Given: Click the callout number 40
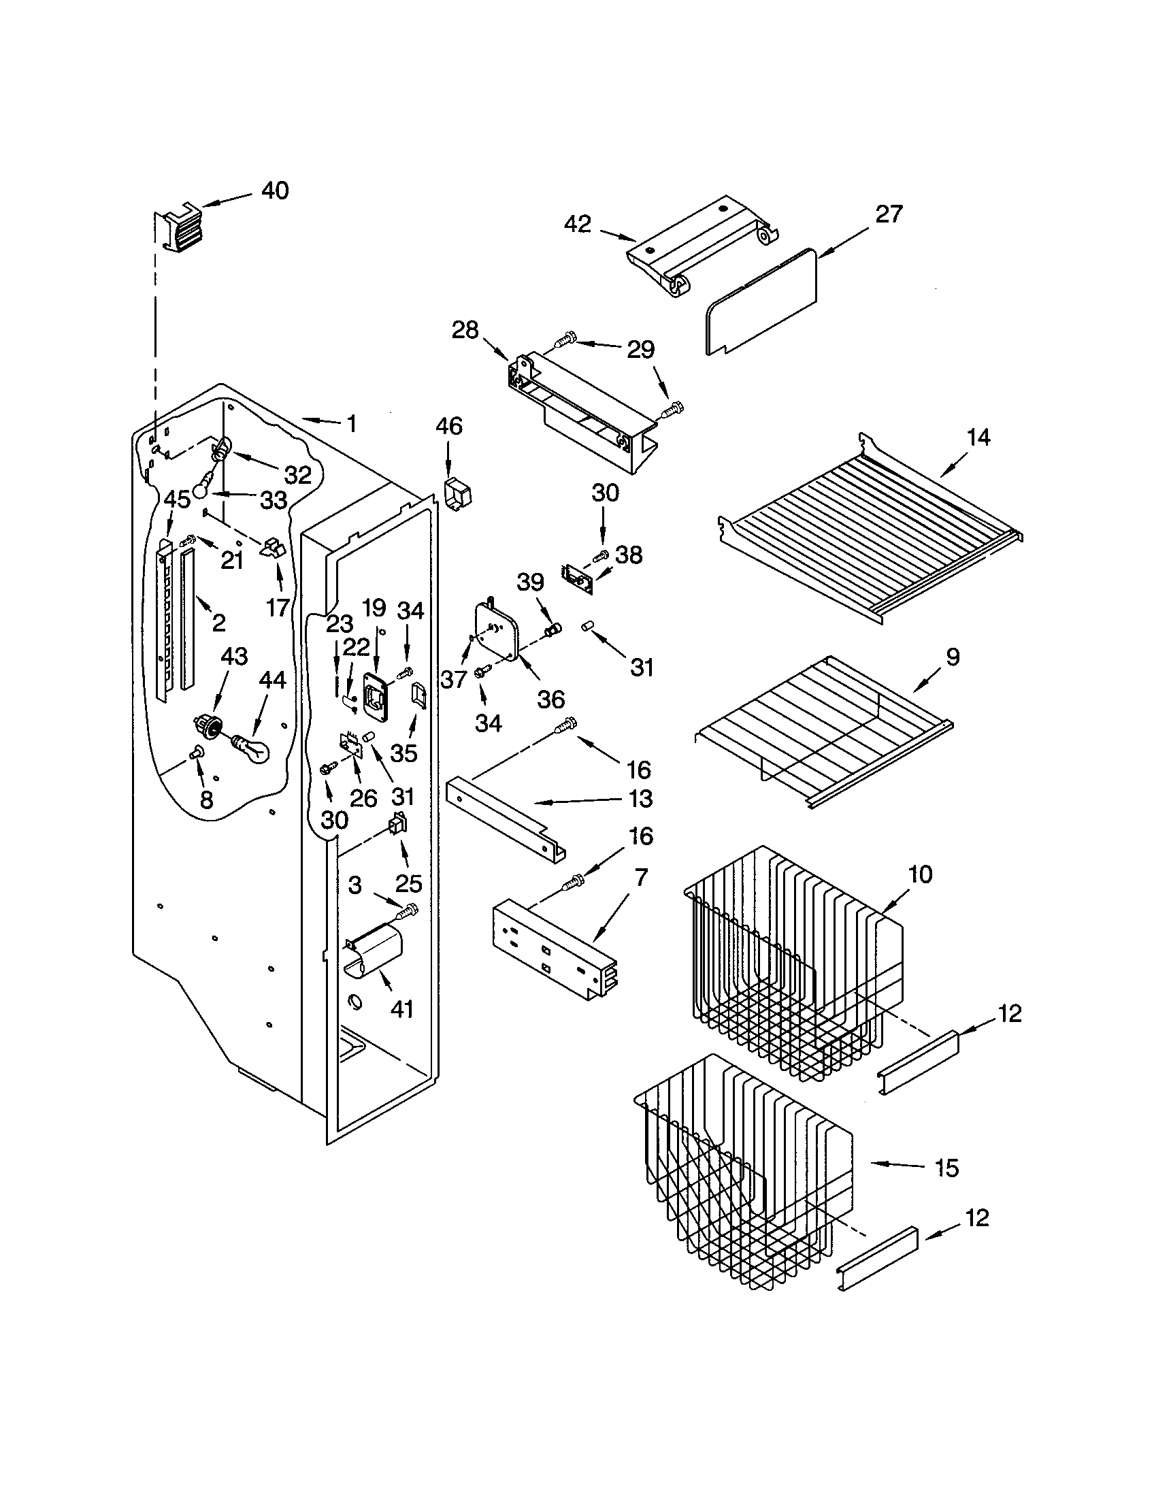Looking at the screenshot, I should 275,190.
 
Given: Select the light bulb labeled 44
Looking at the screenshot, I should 252,748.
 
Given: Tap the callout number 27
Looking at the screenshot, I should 889,214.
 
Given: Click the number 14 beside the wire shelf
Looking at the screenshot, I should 978,438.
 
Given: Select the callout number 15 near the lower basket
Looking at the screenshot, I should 946,1168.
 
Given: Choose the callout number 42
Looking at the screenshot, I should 578,224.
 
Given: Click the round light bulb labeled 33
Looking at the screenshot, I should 201,489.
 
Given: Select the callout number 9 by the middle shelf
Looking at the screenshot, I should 953,657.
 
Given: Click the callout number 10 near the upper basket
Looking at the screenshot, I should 921,874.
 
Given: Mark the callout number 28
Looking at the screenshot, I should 465,331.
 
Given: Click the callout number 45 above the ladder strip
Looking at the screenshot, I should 176,499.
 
